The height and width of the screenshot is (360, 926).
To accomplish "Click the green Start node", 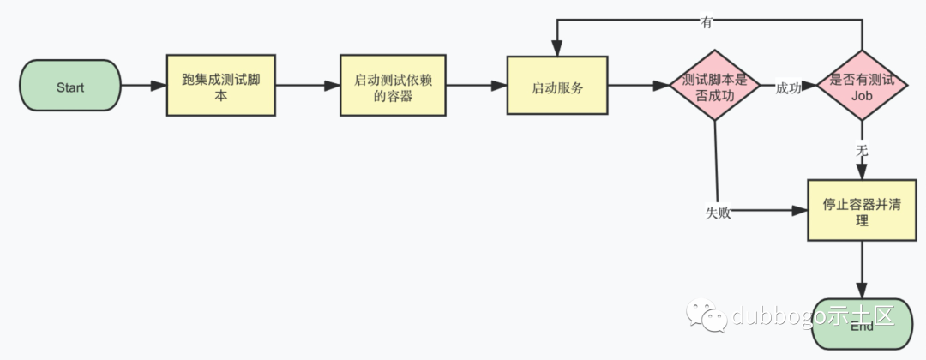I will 70,86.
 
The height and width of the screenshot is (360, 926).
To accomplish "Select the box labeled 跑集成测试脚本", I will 221,86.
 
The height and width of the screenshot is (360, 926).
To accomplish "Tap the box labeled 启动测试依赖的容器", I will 394,86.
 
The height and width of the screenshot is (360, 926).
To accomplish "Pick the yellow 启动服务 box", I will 557,86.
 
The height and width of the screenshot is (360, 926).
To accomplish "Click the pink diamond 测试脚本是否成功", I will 714,86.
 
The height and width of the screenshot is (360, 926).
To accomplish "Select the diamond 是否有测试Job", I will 862,86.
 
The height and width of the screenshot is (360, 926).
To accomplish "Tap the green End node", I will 862,326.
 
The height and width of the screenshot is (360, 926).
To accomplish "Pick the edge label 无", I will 862,150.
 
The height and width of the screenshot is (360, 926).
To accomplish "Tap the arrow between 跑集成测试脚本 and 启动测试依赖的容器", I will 307,86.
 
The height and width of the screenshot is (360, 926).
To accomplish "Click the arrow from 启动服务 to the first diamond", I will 639,86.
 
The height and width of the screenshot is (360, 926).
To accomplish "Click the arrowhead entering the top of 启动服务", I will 557,50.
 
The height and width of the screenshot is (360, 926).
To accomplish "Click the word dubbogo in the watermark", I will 776,317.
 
